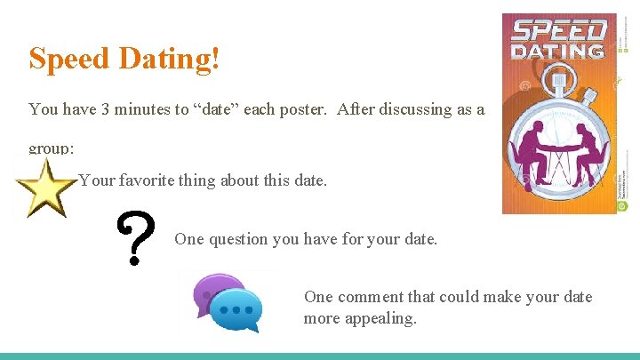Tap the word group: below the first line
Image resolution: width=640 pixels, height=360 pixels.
click(x=51, y=148)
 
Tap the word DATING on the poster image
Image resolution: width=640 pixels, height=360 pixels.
click(x=560, y=50)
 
